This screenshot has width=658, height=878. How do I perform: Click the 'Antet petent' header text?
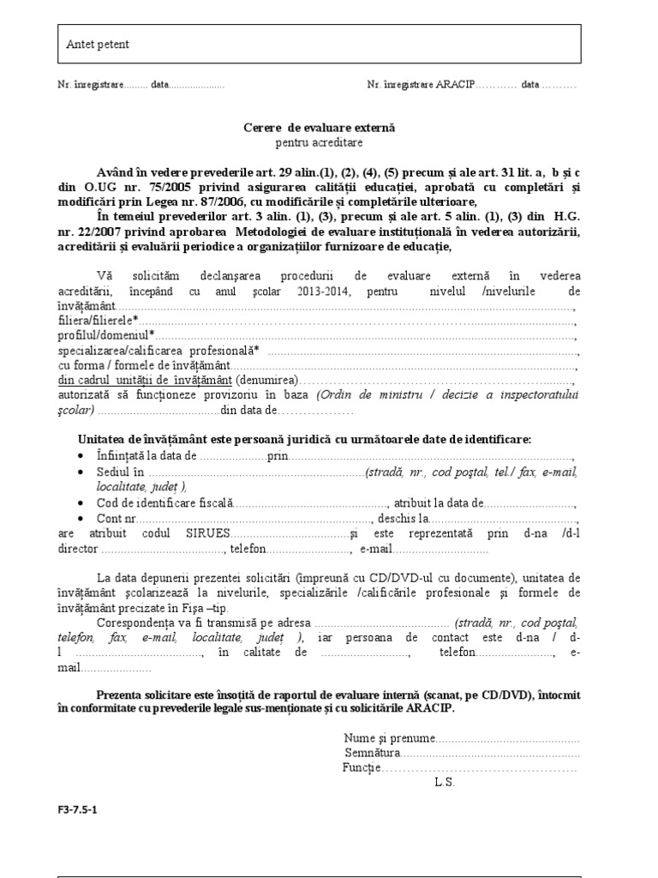tap(99, 45)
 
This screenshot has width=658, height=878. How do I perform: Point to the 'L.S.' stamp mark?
tap(445, 782)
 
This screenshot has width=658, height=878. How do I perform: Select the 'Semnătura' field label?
tap(373, 752)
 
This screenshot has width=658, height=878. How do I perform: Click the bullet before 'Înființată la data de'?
tap(81, 455)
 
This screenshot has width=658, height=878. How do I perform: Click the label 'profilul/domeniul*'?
tap(106, 334)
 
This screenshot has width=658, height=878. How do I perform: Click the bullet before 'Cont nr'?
tap(81, 519)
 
